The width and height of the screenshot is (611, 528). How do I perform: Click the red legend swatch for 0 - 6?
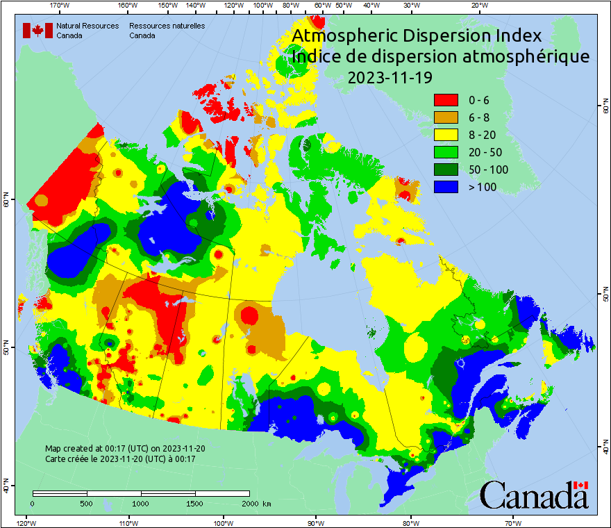click(446, 100)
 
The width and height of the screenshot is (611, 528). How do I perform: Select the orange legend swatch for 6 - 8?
click(446, 117)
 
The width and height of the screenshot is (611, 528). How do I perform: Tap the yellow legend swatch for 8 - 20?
click(446, 135)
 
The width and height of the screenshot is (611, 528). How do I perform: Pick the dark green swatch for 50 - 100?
click(446, 170)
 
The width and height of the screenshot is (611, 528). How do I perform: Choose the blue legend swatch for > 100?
click(446, 187)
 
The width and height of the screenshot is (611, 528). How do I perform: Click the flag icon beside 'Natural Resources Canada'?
click(37, 30)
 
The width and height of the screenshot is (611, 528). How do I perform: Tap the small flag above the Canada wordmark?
click(581, 485)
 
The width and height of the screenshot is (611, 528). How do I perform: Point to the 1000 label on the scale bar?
click(141, 503)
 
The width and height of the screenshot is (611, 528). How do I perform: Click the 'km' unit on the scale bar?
click(267, 503)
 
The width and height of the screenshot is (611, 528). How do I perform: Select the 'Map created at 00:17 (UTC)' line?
click(125, 449)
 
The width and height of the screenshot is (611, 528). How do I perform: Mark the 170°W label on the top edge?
click(60, 6)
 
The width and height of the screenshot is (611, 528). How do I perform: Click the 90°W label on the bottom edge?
click(316, 522)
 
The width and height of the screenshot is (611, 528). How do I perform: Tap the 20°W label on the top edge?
click(478, 6)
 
